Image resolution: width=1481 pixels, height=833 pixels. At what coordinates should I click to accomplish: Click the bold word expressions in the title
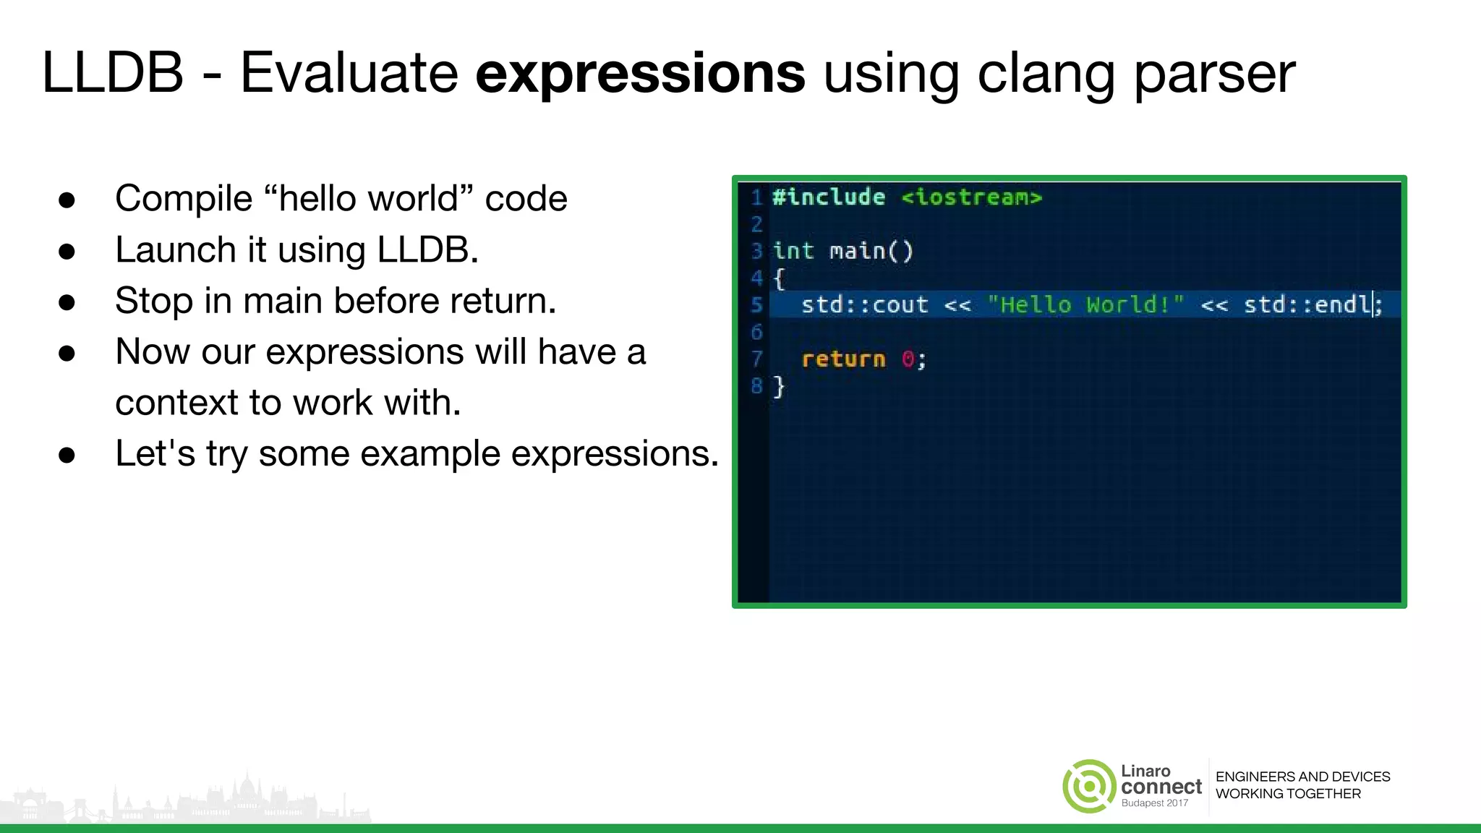coord(640,74)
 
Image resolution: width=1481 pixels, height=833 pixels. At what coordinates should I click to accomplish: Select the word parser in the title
coord(1214,74)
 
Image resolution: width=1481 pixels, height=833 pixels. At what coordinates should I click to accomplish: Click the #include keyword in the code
coord(828,197)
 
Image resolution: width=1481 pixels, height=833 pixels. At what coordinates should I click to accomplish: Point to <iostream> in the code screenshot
coord(971,197)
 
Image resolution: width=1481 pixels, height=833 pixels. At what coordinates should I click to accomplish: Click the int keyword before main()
coord(793,251)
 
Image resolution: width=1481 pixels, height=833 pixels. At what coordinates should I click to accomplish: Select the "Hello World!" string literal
coord(1085,304)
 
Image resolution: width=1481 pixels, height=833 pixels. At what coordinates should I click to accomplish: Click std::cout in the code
coord(864,304)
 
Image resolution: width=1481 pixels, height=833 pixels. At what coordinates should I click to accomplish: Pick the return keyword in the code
coord(843,359)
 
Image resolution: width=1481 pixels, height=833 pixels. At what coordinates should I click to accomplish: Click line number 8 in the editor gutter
coord(756,386)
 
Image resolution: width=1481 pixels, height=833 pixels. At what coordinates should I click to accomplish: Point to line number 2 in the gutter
coord(756,224)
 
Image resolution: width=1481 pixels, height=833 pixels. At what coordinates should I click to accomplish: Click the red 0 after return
coord(908,359)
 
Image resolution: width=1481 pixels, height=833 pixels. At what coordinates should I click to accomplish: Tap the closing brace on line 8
coord(779,386)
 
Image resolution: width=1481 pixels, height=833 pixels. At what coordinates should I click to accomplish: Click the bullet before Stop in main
coord(67,302)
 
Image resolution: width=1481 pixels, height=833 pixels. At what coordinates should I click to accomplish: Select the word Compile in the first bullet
coord(183,199)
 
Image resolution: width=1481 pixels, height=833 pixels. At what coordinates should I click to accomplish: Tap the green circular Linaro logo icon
coord(1088,786)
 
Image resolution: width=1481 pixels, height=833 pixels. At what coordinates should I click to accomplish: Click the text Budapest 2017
coord(1154,803)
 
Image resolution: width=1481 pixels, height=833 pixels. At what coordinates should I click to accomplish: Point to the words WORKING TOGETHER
coord(1288,794)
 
